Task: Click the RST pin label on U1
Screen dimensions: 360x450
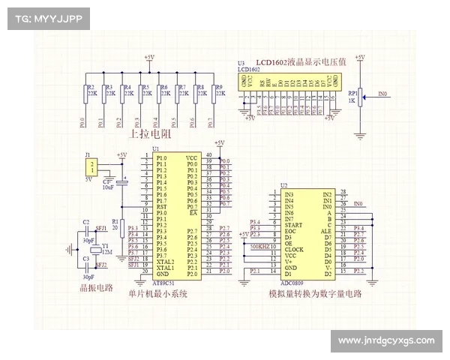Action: [x=162, y=206]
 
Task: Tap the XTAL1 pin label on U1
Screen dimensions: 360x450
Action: [x=165, y=268]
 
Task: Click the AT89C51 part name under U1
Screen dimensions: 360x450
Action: [x=164, y=281]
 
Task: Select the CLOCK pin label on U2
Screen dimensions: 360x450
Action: [x=294, y=250]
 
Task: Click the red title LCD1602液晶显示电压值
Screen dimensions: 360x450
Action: [x=300, y=62]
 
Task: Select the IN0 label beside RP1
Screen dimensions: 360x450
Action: [x=382, y=94]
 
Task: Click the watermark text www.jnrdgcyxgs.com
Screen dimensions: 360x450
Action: [x=385, y=341]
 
